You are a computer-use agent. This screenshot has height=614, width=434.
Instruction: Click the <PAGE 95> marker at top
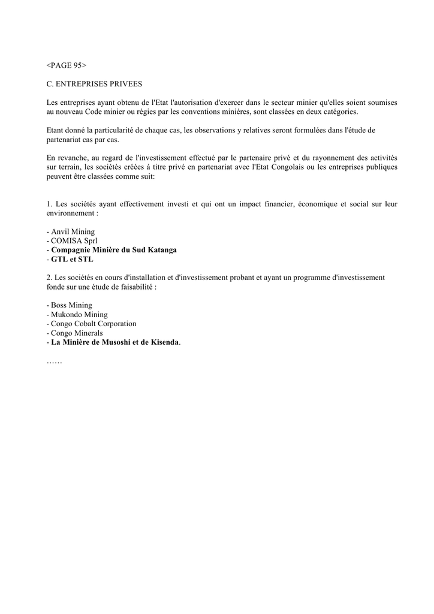click(67, 65)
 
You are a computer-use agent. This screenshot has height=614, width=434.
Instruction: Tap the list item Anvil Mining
click(72, 231)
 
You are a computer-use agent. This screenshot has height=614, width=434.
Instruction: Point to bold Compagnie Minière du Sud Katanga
click(113, 250)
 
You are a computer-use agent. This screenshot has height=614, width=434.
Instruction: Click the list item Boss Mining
click(71, 305)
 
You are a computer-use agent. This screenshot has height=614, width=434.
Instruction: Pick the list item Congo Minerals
click(76, 333)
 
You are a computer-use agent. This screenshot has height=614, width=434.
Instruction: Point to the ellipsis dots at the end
click(54, 362)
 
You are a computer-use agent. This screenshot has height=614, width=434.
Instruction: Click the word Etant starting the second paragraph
click(56, 130)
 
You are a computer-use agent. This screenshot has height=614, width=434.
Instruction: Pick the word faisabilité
click(134, 287)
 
